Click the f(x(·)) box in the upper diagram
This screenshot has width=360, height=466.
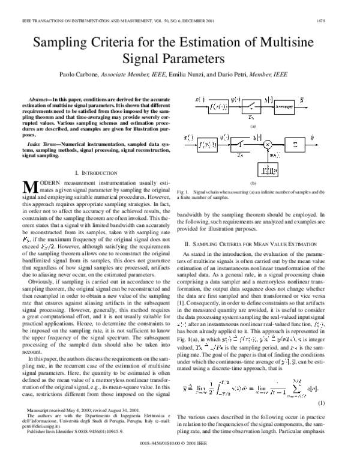(218, 107)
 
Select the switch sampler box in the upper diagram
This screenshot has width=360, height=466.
(251, 107)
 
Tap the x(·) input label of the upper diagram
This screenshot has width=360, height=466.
(200, 99)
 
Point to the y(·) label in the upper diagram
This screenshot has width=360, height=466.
(235, 99)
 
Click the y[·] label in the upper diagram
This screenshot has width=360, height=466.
(268, 99)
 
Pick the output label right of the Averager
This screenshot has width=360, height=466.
(301, 99)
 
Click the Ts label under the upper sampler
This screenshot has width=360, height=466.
(251, 118)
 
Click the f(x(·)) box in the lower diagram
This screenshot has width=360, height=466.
(207, 144)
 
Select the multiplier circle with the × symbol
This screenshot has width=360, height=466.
(268, 144)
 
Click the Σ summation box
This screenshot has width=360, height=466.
(295, 144)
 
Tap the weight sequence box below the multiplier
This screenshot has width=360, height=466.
(268, 170)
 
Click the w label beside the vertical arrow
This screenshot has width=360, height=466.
(275, 155)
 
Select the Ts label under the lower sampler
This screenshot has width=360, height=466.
(239, 155)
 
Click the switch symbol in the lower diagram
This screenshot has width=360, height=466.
(239, 144)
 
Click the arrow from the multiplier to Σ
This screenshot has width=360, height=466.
(278, 144)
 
